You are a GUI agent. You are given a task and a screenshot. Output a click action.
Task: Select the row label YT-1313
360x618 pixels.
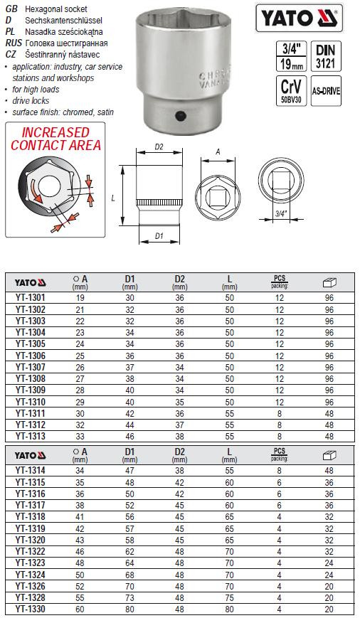point(29,436)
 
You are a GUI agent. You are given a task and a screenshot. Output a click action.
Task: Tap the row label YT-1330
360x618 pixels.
point(29,609)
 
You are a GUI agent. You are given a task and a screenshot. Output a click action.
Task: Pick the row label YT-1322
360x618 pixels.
point(29,551)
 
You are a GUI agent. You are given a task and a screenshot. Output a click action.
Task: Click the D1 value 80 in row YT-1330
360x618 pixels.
point(129,609)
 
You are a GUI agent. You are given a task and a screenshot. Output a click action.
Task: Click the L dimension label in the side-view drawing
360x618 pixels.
point(114,200)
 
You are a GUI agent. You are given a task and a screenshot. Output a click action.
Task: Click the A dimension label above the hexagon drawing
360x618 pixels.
point(218,151)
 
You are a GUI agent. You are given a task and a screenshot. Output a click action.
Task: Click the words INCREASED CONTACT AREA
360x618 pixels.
point(55,139)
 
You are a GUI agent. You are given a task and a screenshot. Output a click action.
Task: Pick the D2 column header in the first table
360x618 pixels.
point(179,279)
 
